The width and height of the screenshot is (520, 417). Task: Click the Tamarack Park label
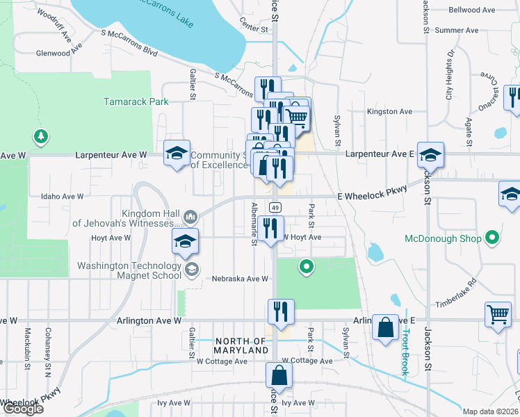tap(136, 101)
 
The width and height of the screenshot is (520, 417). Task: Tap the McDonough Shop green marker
tap(492, 239)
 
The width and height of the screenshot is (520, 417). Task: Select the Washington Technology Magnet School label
tap(129, 270)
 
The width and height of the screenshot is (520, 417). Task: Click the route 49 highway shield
tap(275, 208)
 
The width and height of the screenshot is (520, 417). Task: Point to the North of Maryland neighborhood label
tap(241, 345)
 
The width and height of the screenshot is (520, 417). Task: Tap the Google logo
tap(22, 409)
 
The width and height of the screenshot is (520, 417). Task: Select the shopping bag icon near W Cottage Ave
tap(279, 375)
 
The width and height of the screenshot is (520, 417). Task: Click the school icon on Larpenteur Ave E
tap(431, 156)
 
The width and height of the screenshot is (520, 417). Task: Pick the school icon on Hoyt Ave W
tap(185, 241)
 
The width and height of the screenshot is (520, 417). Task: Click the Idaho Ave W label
tap(62, 197)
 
